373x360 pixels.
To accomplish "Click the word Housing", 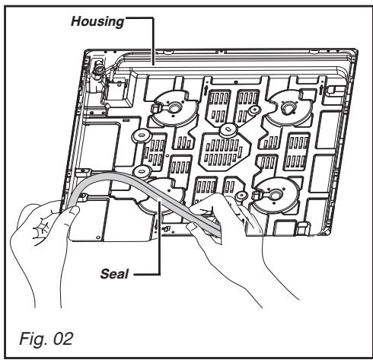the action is click(97, 22).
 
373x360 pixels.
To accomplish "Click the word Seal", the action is click(115, 274).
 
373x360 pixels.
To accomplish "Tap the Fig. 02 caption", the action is click(46, 339).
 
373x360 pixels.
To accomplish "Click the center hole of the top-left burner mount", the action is click(174, 108).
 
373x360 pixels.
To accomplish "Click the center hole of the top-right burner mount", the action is click(288, 107).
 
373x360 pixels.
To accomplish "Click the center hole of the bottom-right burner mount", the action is click(275, 196).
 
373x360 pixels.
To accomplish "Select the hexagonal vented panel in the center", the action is click(225, 151).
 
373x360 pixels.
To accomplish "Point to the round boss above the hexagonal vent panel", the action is click(228, 130).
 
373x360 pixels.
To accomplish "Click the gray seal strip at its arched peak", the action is click(112, 174).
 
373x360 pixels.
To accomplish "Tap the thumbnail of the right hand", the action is click(192, 226).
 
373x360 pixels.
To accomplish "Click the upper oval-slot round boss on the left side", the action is click(142, 135).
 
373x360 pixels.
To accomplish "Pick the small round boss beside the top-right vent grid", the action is click(254, 110).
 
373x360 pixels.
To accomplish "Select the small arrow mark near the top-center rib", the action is click(206, 90).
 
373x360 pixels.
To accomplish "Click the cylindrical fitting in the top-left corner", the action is click(98, 68).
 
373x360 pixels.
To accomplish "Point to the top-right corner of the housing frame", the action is click(357, 50).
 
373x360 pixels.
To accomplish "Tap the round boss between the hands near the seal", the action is click(241, 196).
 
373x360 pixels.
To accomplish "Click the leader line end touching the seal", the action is click(160, 200).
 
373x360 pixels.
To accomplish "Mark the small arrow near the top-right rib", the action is click(322, 89).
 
